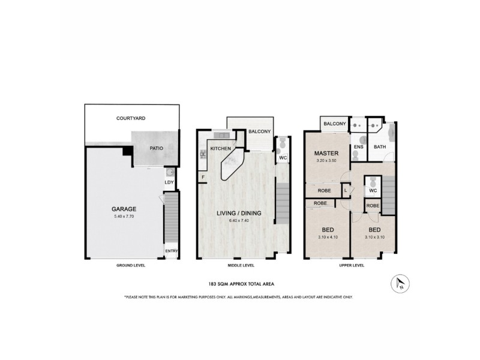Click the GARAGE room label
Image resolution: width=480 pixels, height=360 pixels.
[123, 209]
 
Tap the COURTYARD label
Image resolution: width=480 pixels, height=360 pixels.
[131, 119]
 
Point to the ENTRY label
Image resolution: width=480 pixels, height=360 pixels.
[172, 251]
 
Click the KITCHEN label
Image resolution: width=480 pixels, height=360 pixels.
[221, 147]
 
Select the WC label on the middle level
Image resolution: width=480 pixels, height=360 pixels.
[283, 158]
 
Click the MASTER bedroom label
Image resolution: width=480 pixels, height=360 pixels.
[327, 154]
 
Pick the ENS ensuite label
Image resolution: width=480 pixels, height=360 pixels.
[358, 146]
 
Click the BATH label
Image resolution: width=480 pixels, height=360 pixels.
[380, 146]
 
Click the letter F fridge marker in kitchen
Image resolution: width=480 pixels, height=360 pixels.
[203, 177]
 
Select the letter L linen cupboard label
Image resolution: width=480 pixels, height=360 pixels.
[346, 191]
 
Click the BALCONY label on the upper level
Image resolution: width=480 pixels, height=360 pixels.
[335, 124]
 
